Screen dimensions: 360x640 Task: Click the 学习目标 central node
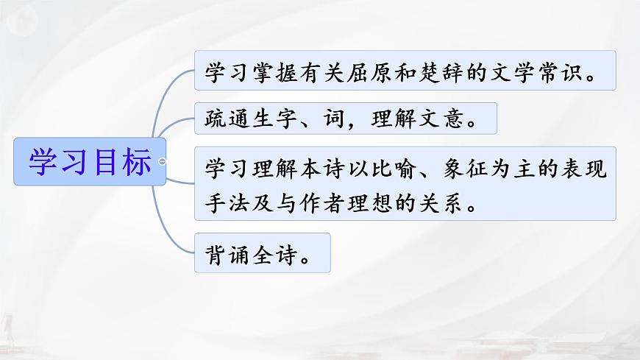tap(90, 161)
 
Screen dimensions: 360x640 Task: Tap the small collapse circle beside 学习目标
tap(162, 161)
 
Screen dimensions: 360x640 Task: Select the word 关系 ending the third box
tap(441, 203)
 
